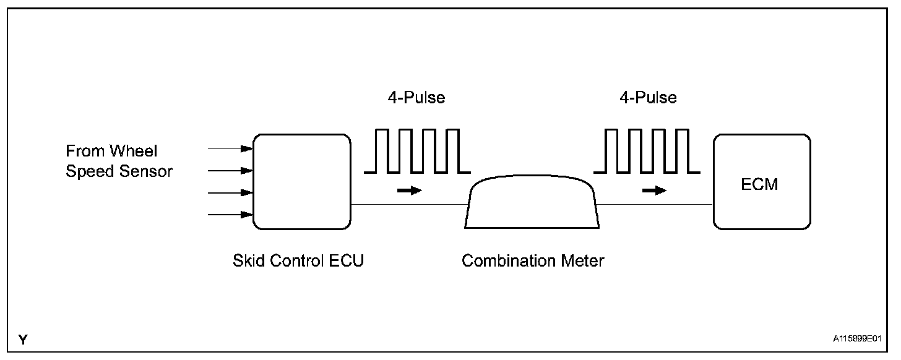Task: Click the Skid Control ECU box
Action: [301, 182]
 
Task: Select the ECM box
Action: [762, 182]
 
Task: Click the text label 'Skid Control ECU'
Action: [298, 261]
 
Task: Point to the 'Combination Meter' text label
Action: [533, 261]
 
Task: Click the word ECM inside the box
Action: [759, 185]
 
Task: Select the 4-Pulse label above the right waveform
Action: [648, 98]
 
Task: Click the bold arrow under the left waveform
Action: [409, 191]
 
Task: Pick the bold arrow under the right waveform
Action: [654, 191]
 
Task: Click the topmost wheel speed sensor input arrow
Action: [231, 148]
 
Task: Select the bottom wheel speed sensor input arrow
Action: [231, 215]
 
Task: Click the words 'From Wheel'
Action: [111, 152]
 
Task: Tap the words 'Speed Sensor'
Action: [119, 172]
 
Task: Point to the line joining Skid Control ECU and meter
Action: [409, 204]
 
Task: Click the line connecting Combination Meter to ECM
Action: [655, 204]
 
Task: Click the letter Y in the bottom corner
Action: [23, 340]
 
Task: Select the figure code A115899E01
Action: [856, 340]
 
